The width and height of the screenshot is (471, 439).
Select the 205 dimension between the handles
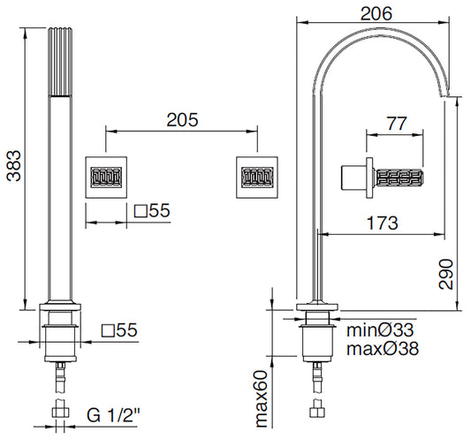click(x=181, y=118)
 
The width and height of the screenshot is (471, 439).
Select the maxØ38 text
click(x=383, y=349)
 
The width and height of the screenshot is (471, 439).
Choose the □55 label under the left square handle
click(x=152, y=212)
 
